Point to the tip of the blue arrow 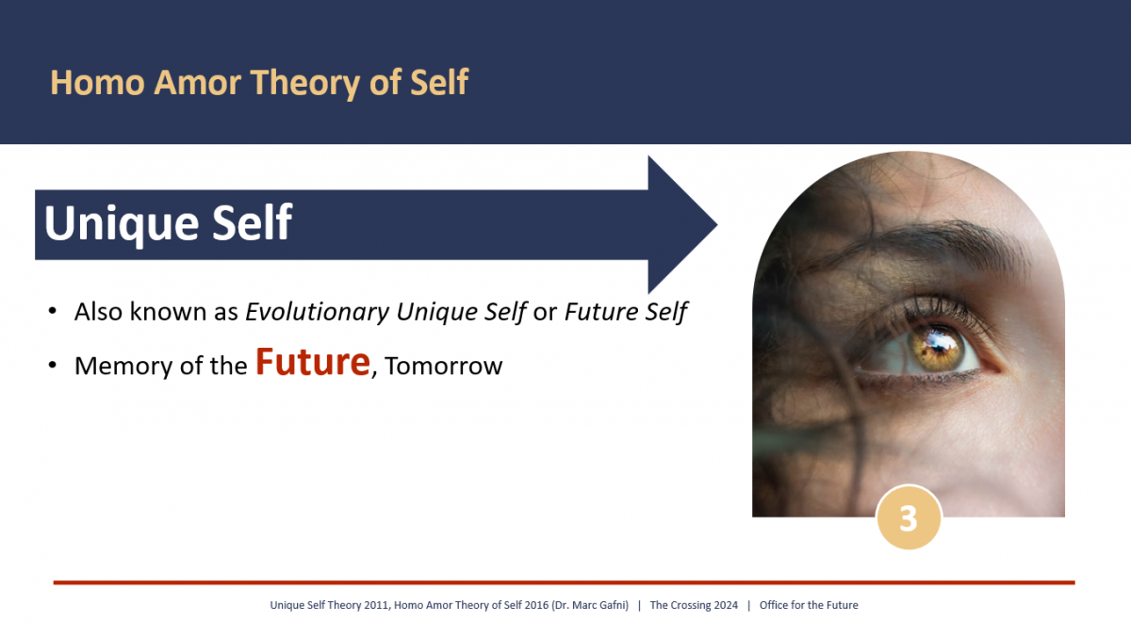(x=716, y=225)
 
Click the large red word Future (x=312, y=362)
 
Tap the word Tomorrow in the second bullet (x=444, y=367)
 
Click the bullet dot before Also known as (x=53, y=311)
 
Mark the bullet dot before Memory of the (x=53, y=366)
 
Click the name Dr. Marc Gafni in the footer (x=592, y=605)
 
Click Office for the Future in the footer (x=809, y=605)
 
